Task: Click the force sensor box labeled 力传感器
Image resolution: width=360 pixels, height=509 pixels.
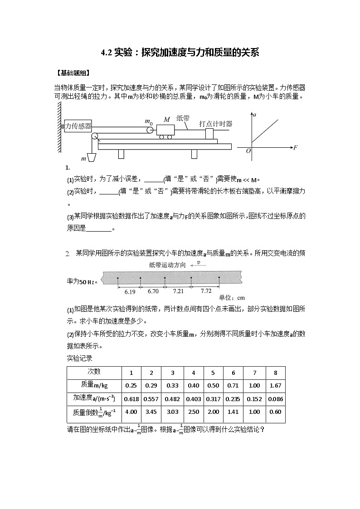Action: click(x=78, y=126)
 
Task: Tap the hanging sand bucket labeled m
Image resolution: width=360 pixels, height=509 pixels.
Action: click(x=91, y=157)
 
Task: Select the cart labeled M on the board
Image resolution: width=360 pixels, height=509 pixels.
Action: click(x=165, y=131)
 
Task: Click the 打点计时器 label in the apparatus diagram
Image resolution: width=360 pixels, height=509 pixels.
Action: click(x=215, y=123)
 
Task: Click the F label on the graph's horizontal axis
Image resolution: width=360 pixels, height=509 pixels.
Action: click(x=295, y=148)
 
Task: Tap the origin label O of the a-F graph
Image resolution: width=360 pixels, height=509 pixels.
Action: click(x=248, y=151)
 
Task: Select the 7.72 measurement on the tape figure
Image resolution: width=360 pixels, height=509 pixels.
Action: click(x=206, y=291)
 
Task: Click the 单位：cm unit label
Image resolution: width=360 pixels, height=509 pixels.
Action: click(x=232, y=298)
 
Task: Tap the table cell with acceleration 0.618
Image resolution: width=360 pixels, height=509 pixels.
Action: click(x=131, y=399)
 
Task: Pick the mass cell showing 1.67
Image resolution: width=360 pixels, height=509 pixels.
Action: click(x=275, y=385)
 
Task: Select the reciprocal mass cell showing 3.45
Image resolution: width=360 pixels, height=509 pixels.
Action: click(x=151, y=412)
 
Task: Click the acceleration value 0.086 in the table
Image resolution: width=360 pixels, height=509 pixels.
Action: click(x=275, y=399)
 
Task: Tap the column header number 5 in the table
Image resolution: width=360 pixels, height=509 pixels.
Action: click(x=213, y=373)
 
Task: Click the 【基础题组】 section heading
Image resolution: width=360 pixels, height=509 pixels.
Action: click(x=72, y=73)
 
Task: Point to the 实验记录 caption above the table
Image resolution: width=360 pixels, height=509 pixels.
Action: click(x=79, y=358)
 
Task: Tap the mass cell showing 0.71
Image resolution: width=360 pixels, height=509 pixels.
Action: click(x=233, y=385)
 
